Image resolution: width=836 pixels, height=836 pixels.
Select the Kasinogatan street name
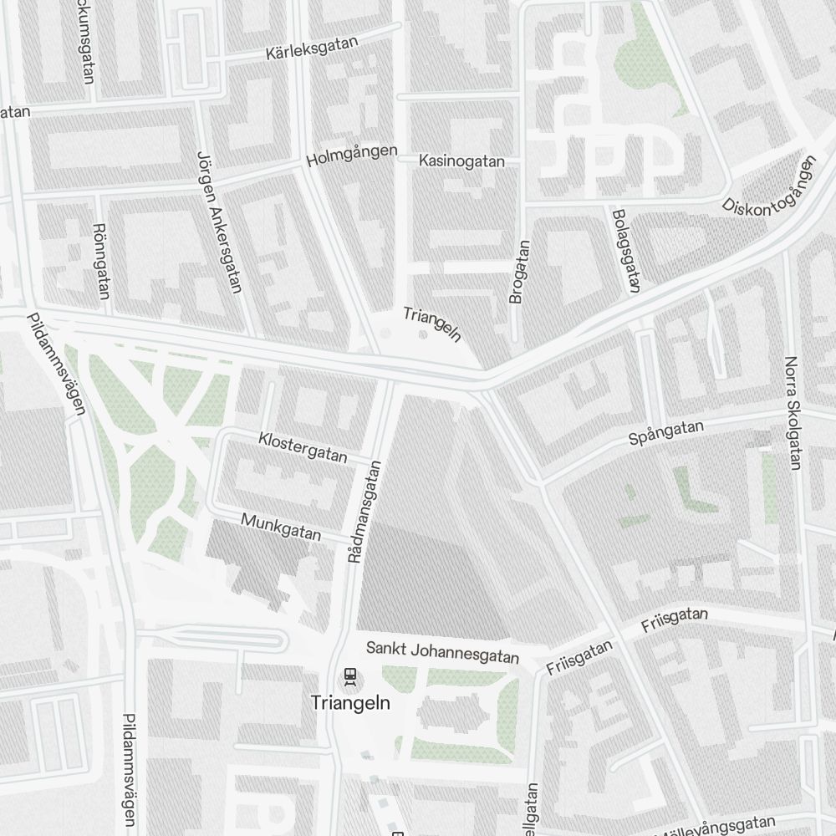[462, 161]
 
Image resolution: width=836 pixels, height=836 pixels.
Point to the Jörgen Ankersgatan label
[218, 222]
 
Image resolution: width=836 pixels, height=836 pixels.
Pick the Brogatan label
[519, 272]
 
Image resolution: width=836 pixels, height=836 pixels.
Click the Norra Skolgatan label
[793, 413]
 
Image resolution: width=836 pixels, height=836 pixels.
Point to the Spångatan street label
[666, 432]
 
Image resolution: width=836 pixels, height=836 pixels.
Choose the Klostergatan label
[303, 446]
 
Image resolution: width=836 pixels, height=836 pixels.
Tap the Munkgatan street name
[281, 528]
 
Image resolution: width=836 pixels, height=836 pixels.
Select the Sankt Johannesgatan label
[442, 652]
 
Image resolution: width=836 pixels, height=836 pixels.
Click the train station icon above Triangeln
[349, 675]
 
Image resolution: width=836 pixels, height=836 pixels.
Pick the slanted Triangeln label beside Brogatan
[432, 324]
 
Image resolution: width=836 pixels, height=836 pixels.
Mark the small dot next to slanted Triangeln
[422, 334]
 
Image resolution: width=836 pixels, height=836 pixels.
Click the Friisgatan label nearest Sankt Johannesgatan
[579, 657]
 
